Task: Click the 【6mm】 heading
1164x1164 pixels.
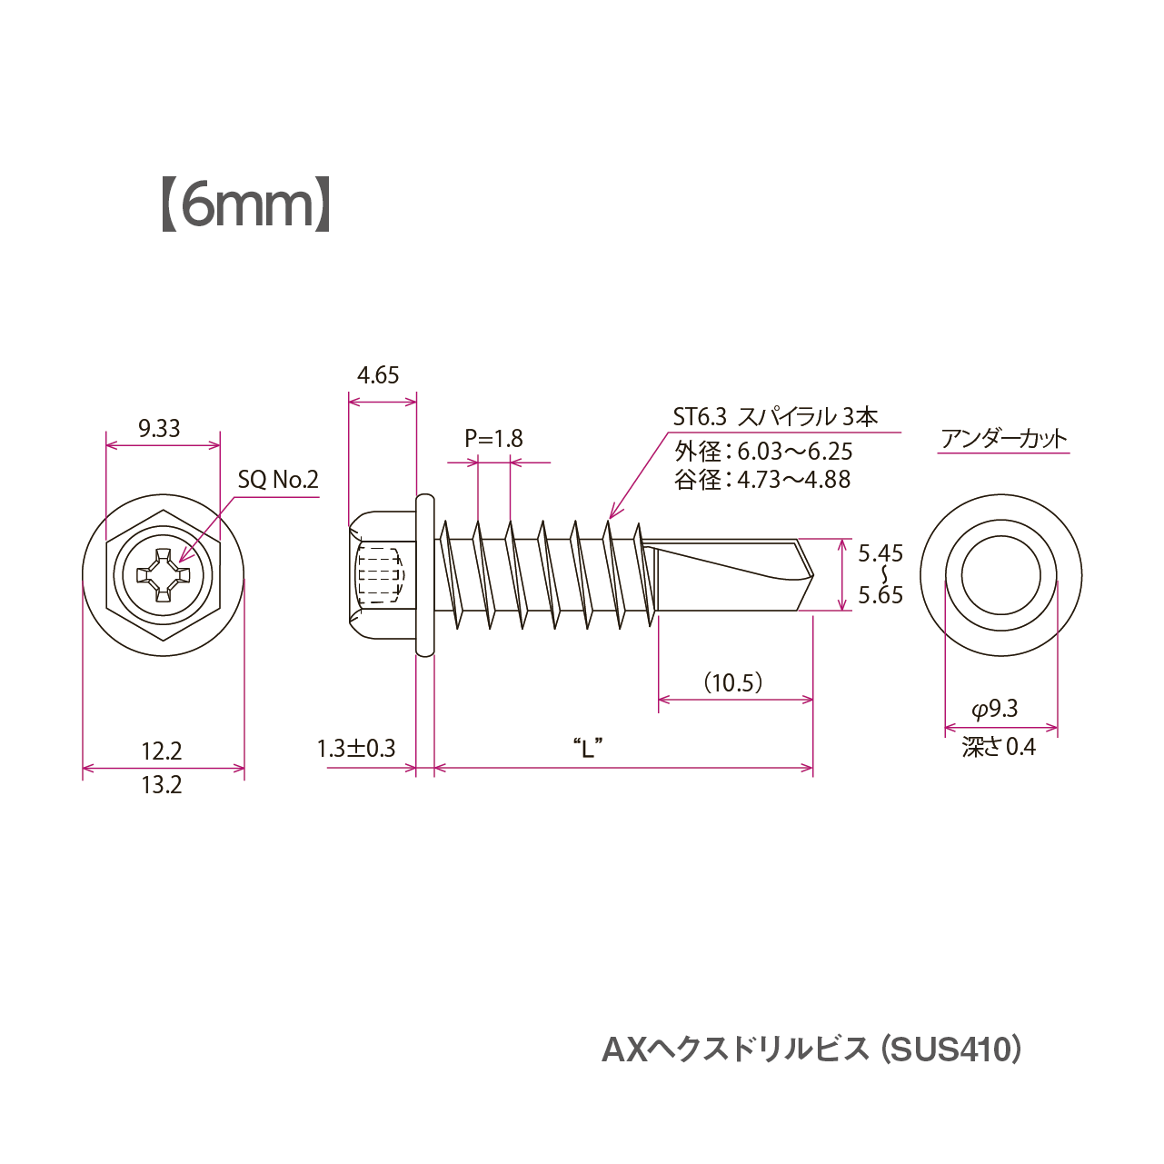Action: [x=245, y=204]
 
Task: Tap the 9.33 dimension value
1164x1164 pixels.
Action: [x=159, y=428]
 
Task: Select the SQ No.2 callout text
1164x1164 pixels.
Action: [x=278, y=479]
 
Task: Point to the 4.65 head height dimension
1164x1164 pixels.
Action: [x=378, y=375]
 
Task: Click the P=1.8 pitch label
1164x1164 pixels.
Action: [x=493, y=439]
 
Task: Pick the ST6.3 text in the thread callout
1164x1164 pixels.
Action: [x=700, y=417]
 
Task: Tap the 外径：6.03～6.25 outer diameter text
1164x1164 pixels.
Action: [x=763, y=452]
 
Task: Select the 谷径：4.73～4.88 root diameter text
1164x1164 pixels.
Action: [x=762, y=480]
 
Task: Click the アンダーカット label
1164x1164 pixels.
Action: [x=1004, y=439]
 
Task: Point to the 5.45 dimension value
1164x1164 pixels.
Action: [x=880, y=552]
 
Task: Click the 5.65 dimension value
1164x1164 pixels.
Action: [x=880, y=595]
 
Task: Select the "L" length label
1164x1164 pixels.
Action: [x=588, y=749]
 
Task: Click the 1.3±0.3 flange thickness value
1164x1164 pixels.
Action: [x=356, y=749]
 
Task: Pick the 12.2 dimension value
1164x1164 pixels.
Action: [x=161, y=751]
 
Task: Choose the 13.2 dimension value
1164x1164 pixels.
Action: [x=161, y=785]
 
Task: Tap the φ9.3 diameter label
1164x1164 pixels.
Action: [x=995, y=709]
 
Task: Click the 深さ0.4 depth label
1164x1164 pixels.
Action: [x=1000, y=747]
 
